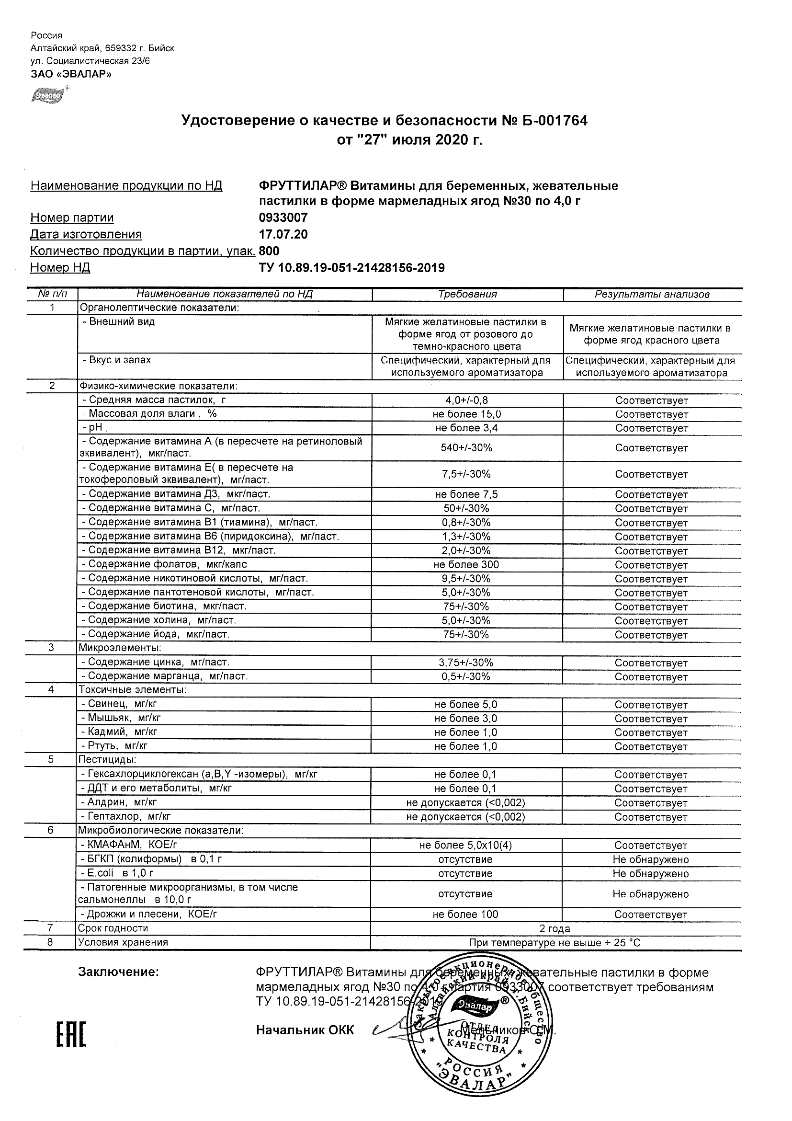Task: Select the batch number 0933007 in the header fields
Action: click(283, 218)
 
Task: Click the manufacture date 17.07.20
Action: click(283, 234)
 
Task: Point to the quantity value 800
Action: click(270, 251)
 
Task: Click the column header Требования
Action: click(467, 295)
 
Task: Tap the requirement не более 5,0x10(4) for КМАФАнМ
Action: click(465, 845)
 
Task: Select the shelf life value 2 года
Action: click(554, 928)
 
